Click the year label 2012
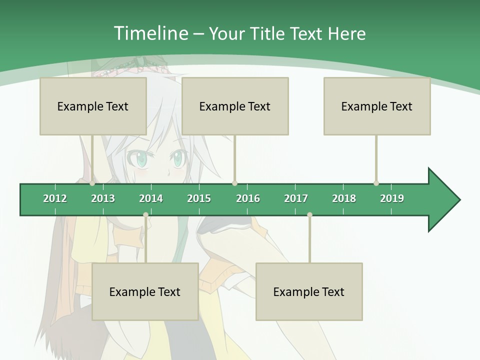click(x=55, y=198)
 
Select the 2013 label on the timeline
click(x=103, y=198)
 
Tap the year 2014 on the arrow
click(x=151, y=198)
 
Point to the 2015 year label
click(x=199, y=198)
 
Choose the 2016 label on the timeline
click(x=248, y=198)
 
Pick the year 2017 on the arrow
click(x=296, y=198)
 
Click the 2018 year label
click(x=344, y=198)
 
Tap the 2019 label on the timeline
click(x=392, y=198)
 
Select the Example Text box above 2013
click(x=93, y=106)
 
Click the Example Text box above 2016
click(x=235, y=106)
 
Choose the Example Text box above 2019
click(x=377, y=106)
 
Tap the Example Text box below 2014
click(x=145, y=291)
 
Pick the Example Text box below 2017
click(x=309, y=291)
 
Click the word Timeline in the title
click(x=150, y=33)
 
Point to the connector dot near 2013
click(x=92, y=183)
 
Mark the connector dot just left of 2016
click(x=234, y=183)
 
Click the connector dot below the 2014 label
click(x=145, y=214)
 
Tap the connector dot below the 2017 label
click(x=309, y=214)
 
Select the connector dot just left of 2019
click(x=376, y=183)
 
